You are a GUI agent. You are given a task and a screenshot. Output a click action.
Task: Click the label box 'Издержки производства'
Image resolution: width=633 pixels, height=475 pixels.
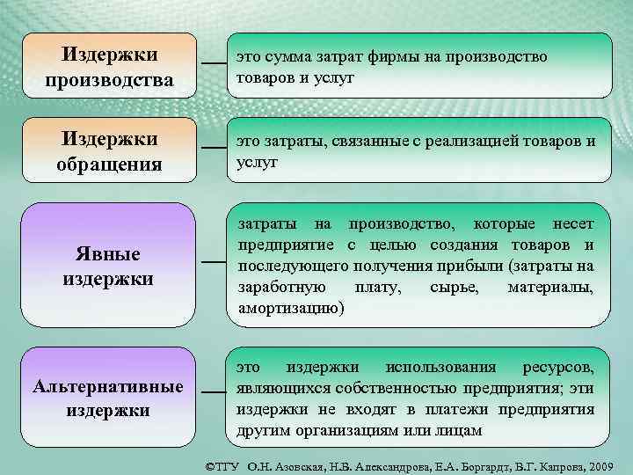(x=110, y=67)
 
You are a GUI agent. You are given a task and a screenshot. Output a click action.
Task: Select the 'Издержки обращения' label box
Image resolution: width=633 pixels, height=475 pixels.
(x=110, y=151)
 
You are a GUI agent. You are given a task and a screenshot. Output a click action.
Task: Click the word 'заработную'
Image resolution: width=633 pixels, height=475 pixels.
(x=281, y=288)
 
